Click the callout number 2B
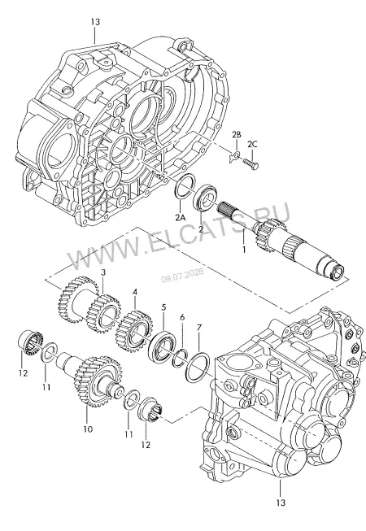tap(237, 134)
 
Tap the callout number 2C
tap(252, 144)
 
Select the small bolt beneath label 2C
tap(251, 164)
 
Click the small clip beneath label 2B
tap(235, 156)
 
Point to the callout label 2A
tap(181, 217)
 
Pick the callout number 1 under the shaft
tap(243, 250)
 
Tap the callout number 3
tap(103, 272)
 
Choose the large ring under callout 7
tap(198, 367)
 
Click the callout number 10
tap(87, 429)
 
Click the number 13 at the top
tap(95, 22)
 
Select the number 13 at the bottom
tap(281, 503)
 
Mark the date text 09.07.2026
tap(182, 276)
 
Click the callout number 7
tap(198, 328)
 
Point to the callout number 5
tap(163, 307)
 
